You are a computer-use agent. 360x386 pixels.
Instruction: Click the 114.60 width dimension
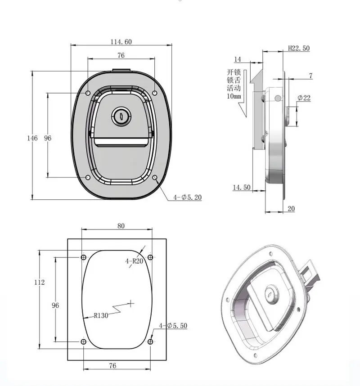(121, 41)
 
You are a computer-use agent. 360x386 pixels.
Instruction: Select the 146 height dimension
(32, 138)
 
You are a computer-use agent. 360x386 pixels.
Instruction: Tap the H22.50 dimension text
(299, 48)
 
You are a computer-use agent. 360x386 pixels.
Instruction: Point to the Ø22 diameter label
(304, 98)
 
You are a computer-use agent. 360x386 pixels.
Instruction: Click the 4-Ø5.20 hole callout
(187, 197)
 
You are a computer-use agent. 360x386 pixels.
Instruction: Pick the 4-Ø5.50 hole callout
(173, 326)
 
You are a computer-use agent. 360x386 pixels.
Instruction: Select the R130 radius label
(101, 315)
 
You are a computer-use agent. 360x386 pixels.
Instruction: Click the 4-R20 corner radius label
(134, 261)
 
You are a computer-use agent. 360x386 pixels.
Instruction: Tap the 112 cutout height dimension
(40, 282)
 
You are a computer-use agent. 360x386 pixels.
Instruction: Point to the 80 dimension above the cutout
(121, 226)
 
